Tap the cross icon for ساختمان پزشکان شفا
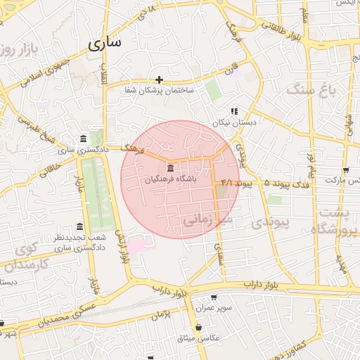pos(160,79)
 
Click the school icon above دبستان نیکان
pos(234,110)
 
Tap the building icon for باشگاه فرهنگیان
pos(172,167)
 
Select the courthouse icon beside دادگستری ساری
pos(84,138)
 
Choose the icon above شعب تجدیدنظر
pos(79,226)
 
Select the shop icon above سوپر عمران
pos(214,297)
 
